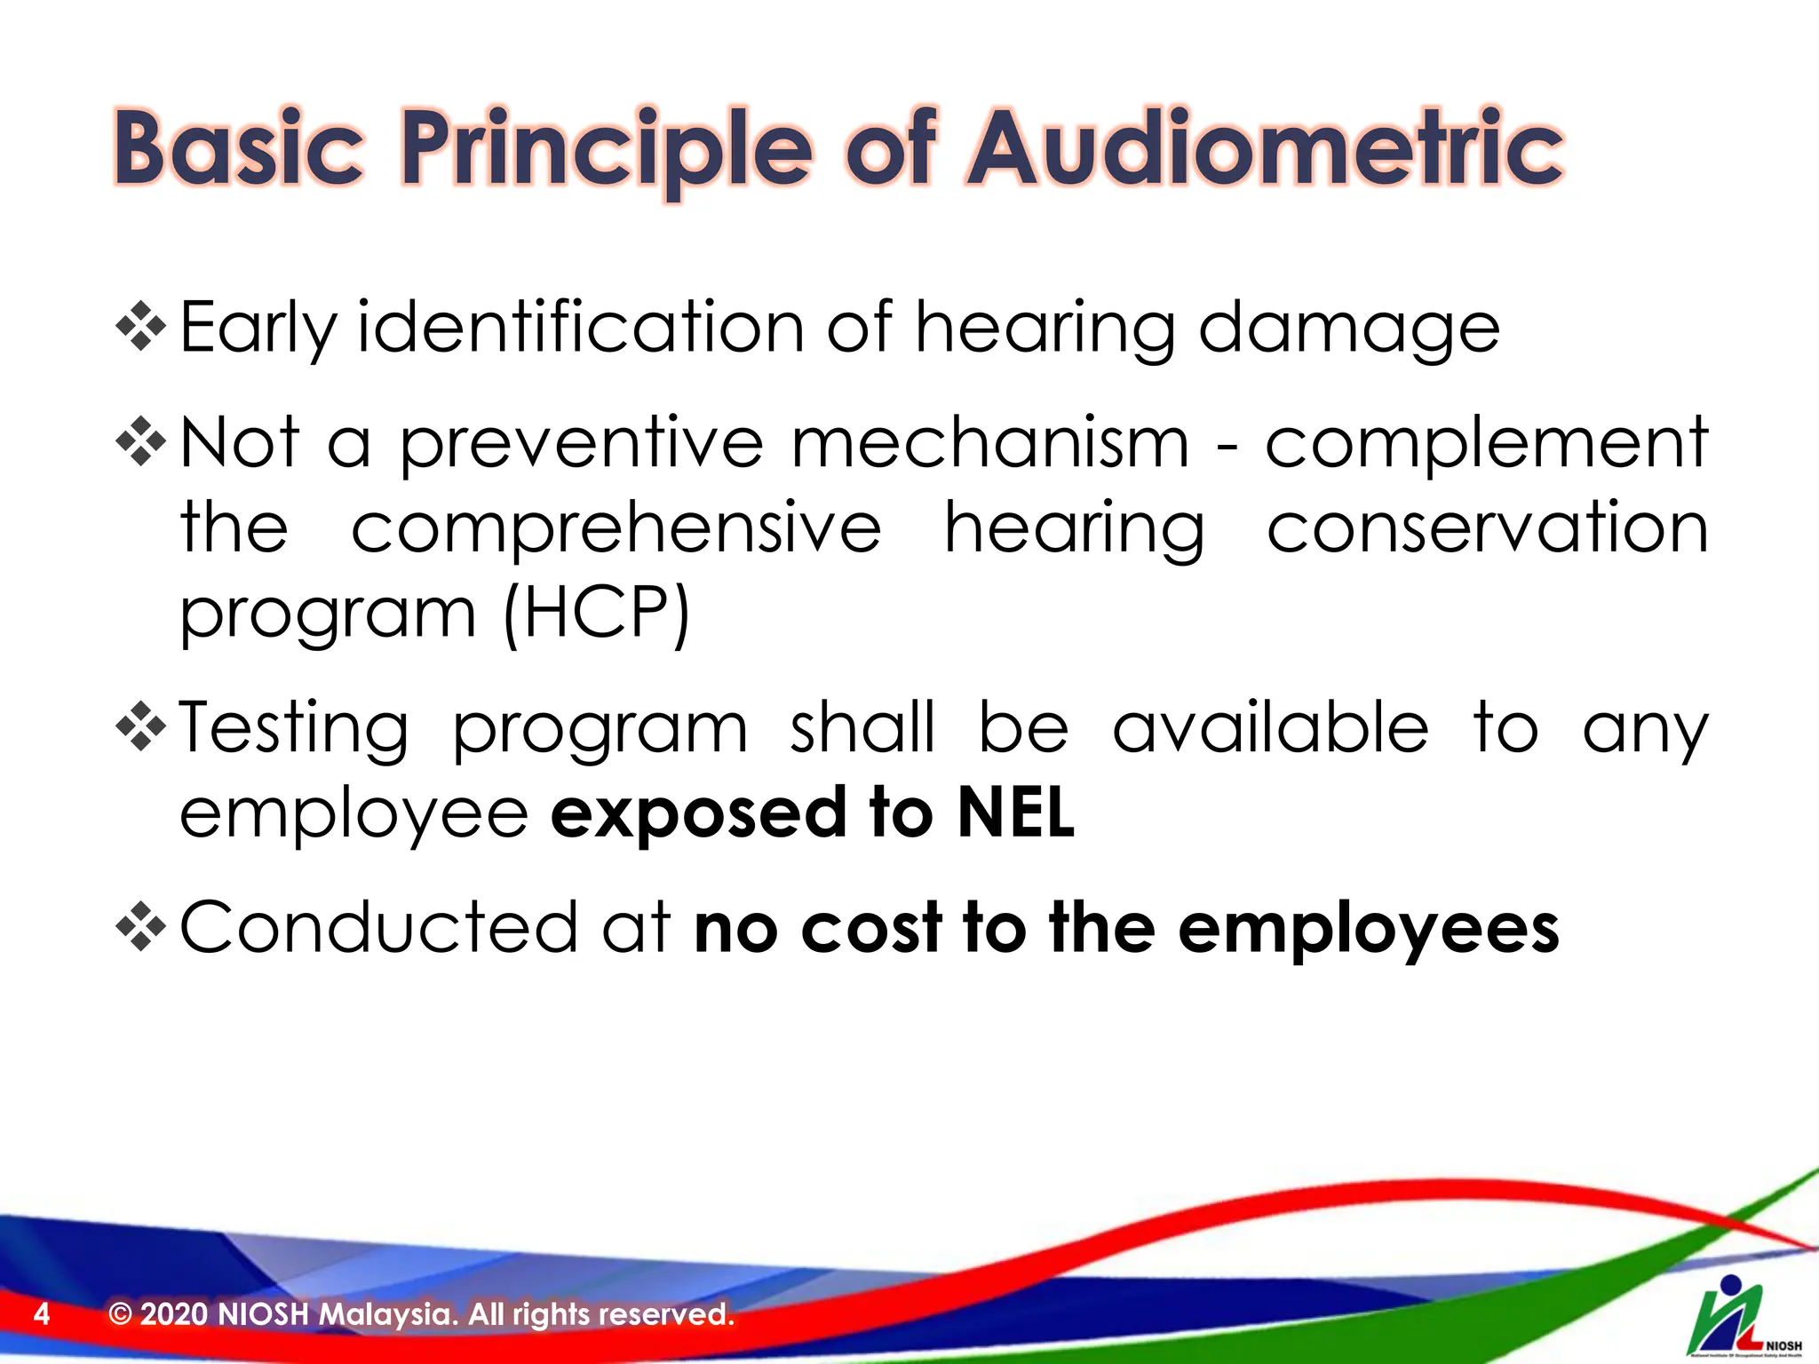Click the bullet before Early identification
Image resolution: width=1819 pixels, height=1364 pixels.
[141, 327]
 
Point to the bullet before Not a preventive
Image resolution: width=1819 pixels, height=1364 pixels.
[141, 441]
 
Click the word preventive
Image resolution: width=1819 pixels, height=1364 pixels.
[582, 443]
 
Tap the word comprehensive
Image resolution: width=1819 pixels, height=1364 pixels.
[616, 529]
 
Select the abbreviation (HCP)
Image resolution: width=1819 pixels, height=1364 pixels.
[596, 614]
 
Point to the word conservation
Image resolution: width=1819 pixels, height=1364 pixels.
[1487, 527]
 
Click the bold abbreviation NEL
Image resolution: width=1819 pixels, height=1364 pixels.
[1016, 813]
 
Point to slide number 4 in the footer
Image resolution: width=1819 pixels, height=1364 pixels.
[41, 1313]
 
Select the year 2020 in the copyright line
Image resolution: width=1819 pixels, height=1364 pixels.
[174, 1313]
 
